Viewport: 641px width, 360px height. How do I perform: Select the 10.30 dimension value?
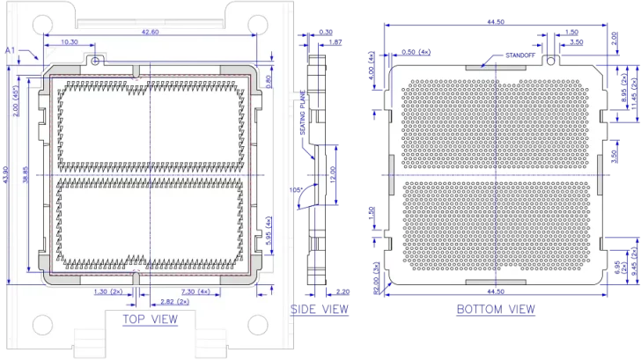(70, 42)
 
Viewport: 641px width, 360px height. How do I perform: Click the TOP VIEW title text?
(146, 317)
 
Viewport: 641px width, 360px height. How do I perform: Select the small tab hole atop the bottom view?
(552, 61)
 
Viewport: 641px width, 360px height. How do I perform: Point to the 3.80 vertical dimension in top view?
(271, 82)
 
